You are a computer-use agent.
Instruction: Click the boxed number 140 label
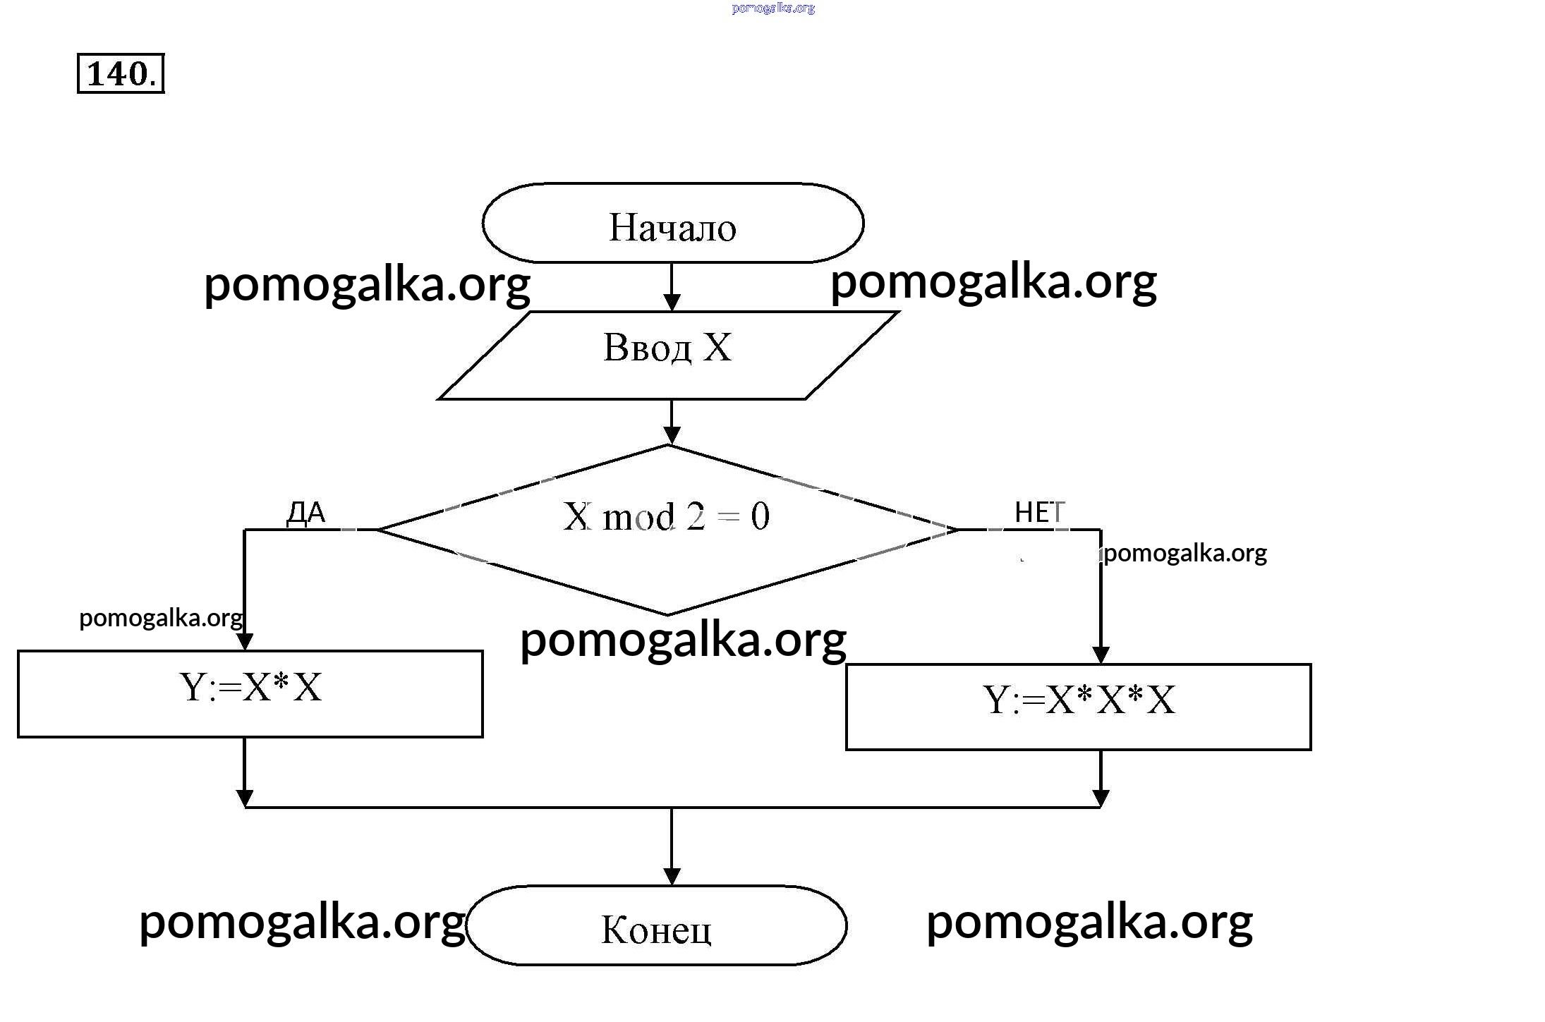120,73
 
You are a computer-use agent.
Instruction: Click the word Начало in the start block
672,227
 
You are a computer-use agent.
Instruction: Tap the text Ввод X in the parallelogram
667,347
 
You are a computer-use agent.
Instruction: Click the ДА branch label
306,513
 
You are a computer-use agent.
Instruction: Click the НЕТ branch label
1039,512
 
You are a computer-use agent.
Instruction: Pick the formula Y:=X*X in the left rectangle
250,687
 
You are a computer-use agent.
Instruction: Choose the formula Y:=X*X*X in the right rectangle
1079,700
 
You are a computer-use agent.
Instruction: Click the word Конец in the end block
656,929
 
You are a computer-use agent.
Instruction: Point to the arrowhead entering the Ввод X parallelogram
672,303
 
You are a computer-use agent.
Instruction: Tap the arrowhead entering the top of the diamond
672,435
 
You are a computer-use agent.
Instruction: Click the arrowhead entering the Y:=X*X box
244,641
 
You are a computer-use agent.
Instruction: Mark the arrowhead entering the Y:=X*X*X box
1101,655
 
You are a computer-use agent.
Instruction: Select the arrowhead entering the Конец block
672,876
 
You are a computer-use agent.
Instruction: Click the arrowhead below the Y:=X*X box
244,798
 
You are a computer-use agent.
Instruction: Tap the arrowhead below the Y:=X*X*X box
1101,798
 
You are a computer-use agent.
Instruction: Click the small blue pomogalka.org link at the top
773,8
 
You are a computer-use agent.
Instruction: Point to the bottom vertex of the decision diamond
667,614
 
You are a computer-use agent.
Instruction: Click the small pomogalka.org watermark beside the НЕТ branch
1185,553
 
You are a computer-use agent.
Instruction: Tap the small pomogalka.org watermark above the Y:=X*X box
161,618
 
